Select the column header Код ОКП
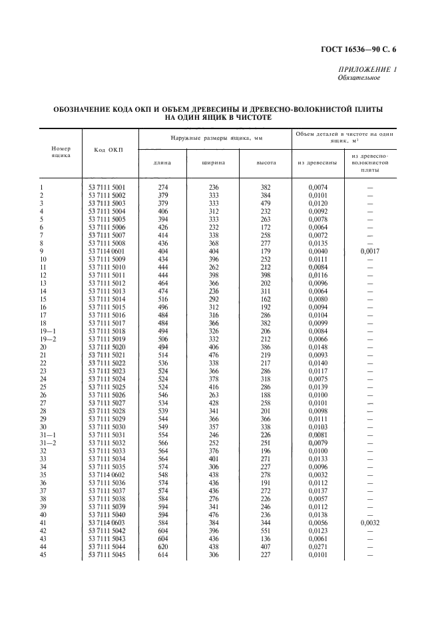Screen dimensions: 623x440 [108, 150]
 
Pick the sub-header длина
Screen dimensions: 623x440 [162, 162]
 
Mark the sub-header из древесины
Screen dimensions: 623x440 [315, 162]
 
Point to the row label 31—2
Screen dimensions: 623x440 [48, 443]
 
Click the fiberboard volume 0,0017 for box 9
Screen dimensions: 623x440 [369, 252]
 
